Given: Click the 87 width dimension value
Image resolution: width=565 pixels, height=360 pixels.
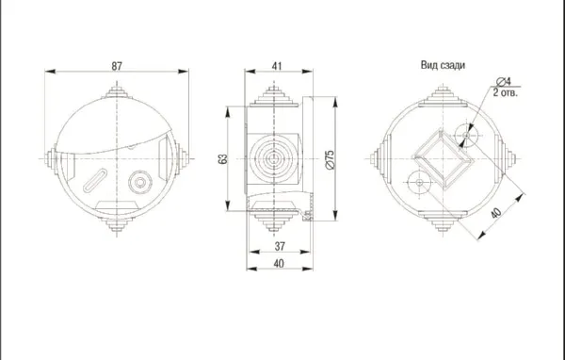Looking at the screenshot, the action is (117, 66).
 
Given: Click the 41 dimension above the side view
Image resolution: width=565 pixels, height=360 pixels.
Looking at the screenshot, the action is (277, 66).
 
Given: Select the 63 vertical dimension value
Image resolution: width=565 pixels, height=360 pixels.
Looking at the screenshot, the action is (223, 158).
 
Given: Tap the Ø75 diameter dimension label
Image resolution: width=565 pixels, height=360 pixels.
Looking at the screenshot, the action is (331, 160).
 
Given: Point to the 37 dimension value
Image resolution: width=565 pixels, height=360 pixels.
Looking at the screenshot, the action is (280, 246).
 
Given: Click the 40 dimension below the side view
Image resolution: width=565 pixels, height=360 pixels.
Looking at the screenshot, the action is (279, 264).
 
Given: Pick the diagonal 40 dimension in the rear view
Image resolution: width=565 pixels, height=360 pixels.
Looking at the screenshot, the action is (496, 213).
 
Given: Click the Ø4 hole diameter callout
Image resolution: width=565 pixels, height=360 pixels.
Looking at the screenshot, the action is (504, 81).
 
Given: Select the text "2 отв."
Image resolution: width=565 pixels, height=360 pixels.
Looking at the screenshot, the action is (505, 92).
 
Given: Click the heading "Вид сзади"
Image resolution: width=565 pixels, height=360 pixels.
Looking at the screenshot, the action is (443, 65).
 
